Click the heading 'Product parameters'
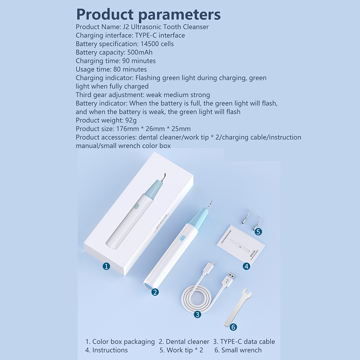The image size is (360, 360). [x=148, y=15]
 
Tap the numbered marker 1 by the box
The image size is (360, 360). [x=106, y=266]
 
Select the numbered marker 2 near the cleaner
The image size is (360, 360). [x=155, y=292]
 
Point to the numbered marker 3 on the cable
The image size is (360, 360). [x=198, y=314]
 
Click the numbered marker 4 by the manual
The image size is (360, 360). [x=247, y=266]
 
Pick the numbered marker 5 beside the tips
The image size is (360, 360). [x=258, y=232]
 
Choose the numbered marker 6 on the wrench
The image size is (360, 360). [x=233, y=327]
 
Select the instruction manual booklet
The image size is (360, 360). [x=241, y=243]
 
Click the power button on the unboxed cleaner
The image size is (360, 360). [x=182, y=238]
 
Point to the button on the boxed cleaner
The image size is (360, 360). [x=136, y=207]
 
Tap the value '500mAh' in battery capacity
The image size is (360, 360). [x=140, y=52]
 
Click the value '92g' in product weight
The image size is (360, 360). [x=131, y=120]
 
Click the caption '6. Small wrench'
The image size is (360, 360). [x=238, y=350]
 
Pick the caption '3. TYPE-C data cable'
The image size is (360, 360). [x=244, y=342]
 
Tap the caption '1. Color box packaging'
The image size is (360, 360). [x=120, y=342]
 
